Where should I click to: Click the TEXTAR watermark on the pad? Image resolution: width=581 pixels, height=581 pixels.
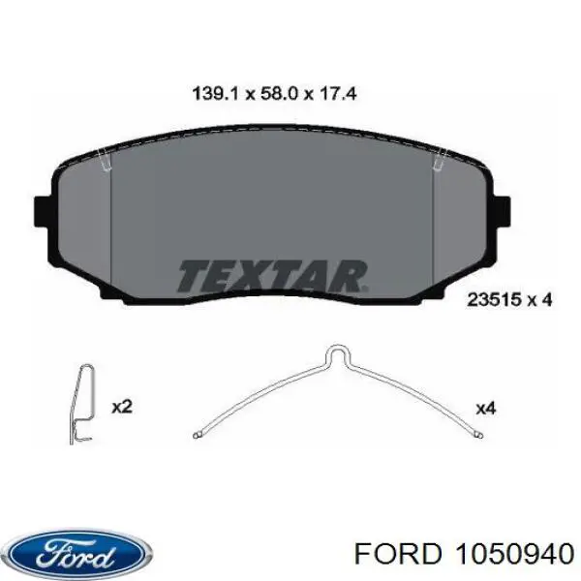point(273,276)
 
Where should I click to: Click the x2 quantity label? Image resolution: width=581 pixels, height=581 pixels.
point(122,408)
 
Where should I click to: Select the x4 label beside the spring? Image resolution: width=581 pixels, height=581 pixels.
point(486,409)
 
